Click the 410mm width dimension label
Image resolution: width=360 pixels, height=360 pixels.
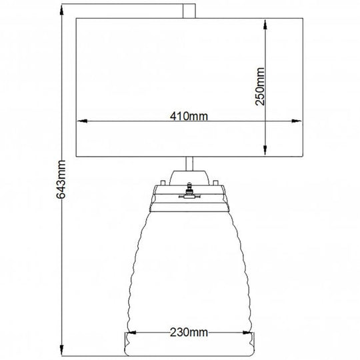pos(189,116)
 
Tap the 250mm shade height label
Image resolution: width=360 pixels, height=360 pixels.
pos(261,85)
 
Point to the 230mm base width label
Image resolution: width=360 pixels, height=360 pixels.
pos(187,331)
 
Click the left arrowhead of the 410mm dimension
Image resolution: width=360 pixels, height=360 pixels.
pos(83,121)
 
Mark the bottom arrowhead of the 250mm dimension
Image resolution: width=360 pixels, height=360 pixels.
pos(267,150)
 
